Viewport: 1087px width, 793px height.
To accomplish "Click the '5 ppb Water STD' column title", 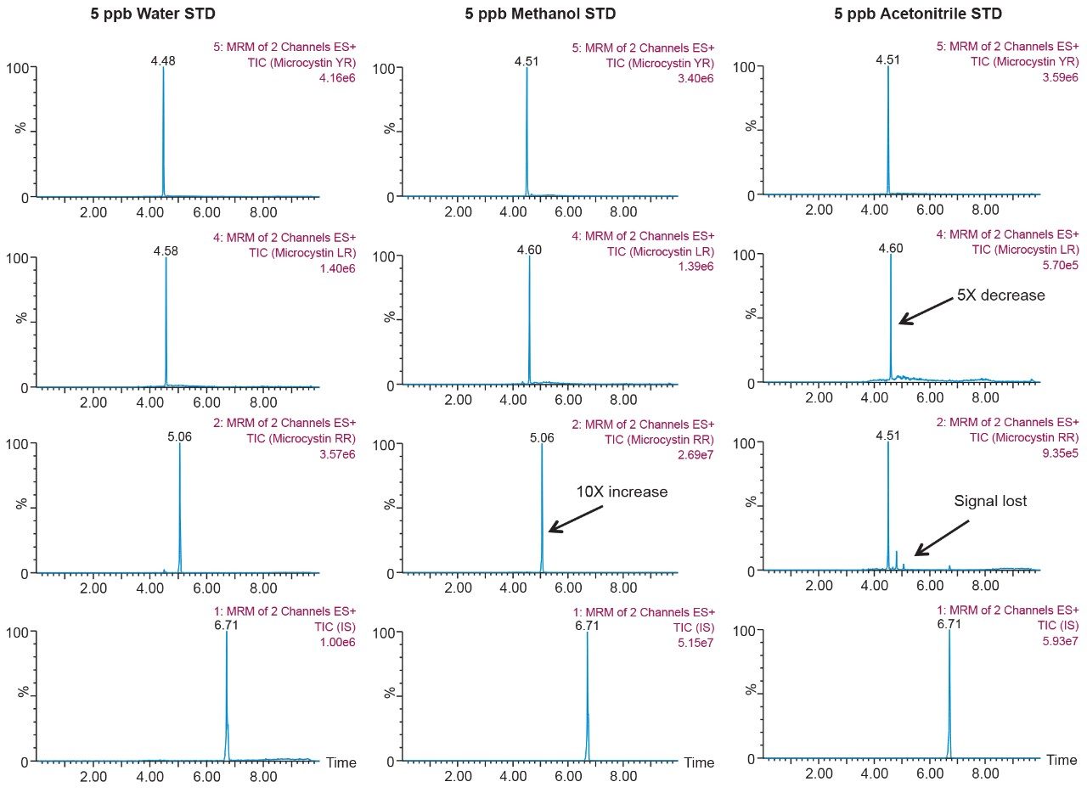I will coord(152,14).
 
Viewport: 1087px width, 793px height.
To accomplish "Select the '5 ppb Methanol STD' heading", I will coord(540,14).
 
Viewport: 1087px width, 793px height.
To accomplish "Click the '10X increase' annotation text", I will coord(622,492).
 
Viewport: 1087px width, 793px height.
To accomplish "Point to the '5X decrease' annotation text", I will coord(1000,295).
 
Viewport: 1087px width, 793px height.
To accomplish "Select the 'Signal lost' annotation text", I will coord(990,501).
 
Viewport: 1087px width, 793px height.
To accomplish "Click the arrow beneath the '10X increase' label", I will coord(575,519).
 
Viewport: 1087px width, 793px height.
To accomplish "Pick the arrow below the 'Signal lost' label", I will coord(942,538).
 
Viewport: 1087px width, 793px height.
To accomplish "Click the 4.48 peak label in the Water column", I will coord(163,60).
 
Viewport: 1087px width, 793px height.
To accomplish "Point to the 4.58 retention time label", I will coord(166,251).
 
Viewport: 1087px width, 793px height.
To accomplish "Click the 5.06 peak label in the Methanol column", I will coord(542,438).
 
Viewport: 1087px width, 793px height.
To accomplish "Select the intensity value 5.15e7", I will coord(694,643).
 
